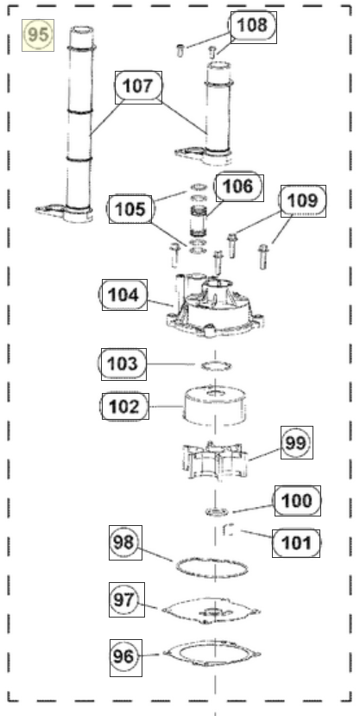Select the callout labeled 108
[x=252, y=26]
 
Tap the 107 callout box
[x=138, y=86]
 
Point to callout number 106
[x=235, y=185]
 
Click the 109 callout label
[x=303, y=200]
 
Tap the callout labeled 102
[x=124, y=405]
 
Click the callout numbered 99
[x=295, y=443]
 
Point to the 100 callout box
[x=297, y=500]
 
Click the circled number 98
[x=124, y=542]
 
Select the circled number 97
[x=124, y=598]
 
